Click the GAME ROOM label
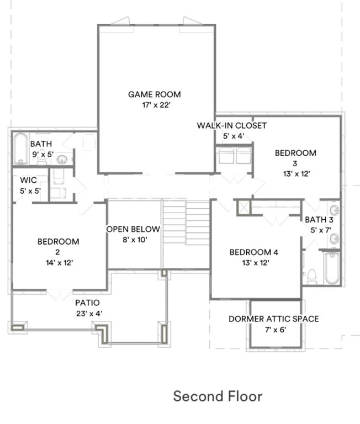(x=155, y=94)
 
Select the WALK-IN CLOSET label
(x=232, y=126)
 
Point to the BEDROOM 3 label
(x=295, y=158)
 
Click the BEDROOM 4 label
(x=253, y=252)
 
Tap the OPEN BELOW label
(x=133, y=229)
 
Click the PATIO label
(x=88, y=303)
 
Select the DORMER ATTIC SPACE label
(x=274, y=319)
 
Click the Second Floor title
(x=218, y=396)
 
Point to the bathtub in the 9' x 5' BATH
(x=21, y=149)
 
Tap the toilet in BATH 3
(x=312, y=275)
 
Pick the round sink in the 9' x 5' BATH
(x=63, y=160)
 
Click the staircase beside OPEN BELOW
(x=186, y=222)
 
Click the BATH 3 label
(x=319, y=220)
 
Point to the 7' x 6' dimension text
(x=274, y=330)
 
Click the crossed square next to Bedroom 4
(x=243, y=208)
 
